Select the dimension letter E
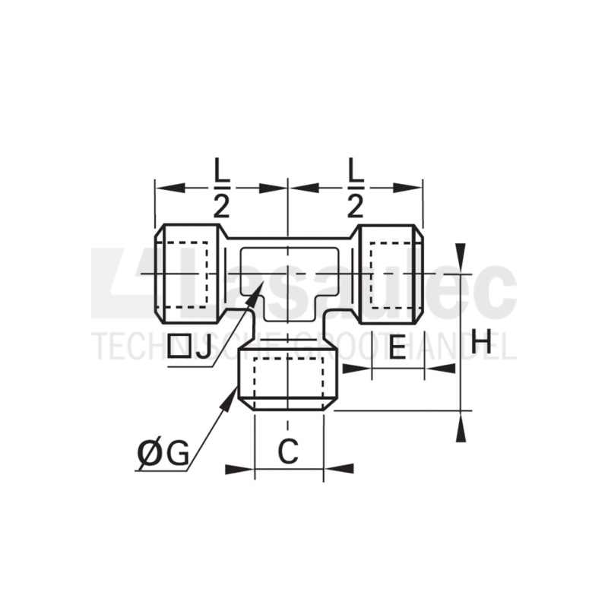tap(397, 348)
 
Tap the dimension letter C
tap(287, 452)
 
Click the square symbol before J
tap(179, 347)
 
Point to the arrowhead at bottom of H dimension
tap(460, 429)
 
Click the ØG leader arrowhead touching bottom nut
tap(233, 395)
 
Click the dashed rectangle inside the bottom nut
tap(287, 378)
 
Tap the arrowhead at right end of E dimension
tap(439, 369)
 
